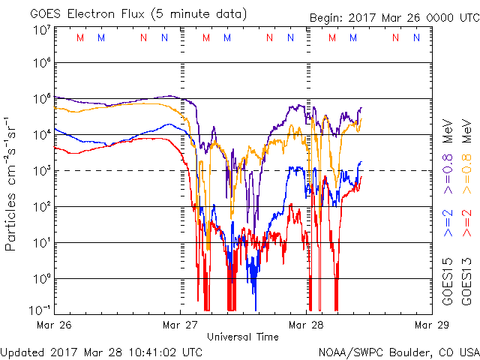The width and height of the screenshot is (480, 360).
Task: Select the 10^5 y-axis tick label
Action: [x=41, y=98]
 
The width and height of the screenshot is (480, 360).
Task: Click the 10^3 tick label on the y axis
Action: [x=41, y=170]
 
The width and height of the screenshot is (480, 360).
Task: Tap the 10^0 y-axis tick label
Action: [x=41, y=278]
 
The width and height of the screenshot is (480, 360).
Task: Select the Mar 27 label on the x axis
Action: [x=180, y=325]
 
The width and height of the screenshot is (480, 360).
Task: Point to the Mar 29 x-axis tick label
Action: [x=430, y=325]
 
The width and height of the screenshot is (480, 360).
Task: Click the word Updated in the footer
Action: [x=23, y=352]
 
